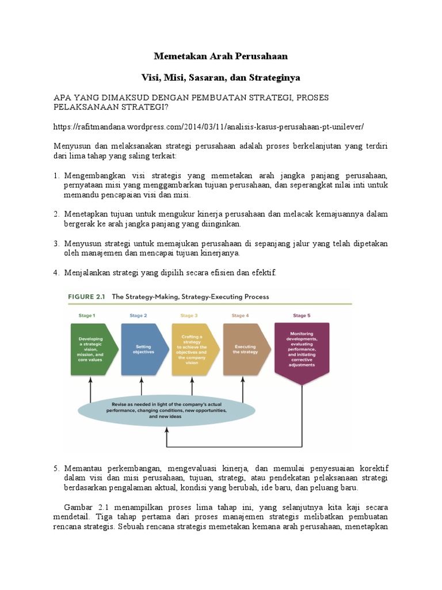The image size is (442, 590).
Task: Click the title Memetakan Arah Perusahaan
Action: [x=220, y=56]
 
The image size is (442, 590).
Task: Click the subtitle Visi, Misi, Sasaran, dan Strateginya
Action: [x=220, y=77]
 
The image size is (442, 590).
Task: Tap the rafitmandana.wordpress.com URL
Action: [x=209, y=126]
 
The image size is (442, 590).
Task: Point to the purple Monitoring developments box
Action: [x=302, y=349]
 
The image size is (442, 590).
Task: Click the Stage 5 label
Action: [x=302, y=316]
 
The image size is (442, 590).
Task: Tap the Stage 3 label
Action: [x=189, y=316]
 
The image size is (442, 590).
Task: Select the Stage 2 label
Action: [x=138, y=316]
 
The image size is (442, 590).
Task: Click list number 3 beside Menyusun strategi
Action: [x=56, y=244]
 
